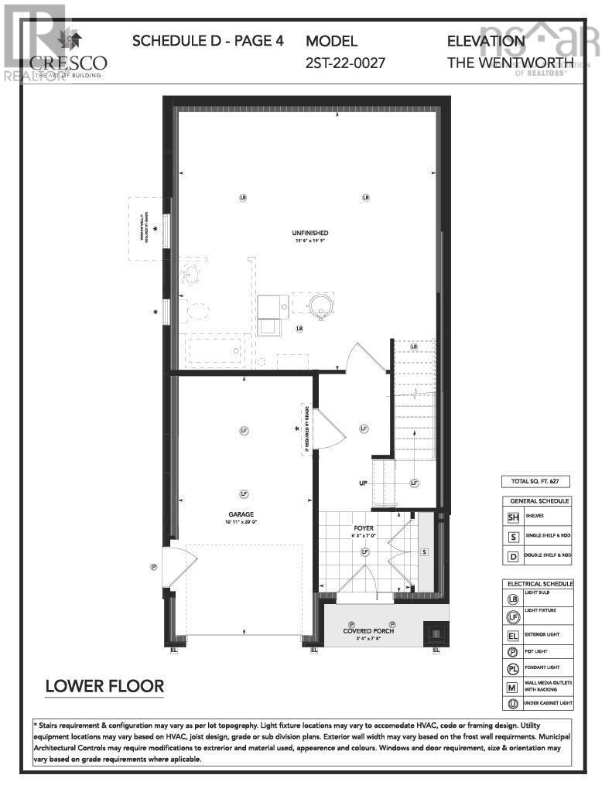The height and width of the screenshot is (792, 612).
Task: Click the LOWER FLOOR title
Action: pyautogui.click(x=104, y=686)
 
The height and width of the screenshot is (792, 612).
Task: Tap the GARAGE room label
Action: pyautogui.click(x=241, y=514)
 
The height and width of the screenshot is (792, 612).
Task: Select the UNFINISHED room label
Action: pyautogui.click(x=311, y=233)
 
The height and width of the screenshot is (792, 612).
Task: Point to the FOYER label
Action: pyautogui.click(x=364, y=529)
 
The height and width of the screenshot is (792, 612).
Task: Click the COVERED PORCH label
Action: pyautogui.click(x=368, y=631)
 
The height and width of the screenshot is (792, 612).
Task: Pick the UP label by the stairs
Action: pyautogui.click(x=361, y=483)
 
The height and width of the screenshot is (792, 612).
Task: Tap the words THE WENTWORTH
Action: pyautogui.click(x=510, y=62)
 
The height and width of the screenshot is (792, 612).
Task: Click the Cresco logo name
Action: pyautogui.click(x=68, y=62)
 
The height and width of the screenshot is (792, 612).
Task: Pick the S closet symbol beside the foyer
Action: pyautogui.click(x=424, y=551)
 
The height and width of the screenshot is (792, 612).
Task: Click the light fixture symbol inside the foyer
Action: pyautogui.click(x=364, y=551)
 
